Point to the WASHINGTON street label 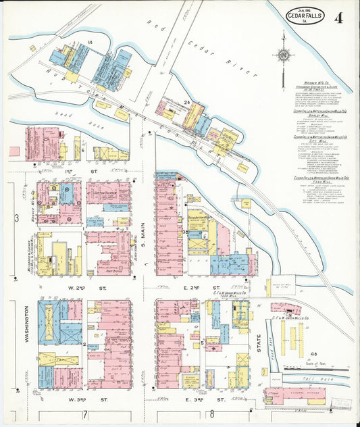(x=26, y=324)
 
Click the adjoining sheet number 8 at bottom (x=211, y=413)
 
